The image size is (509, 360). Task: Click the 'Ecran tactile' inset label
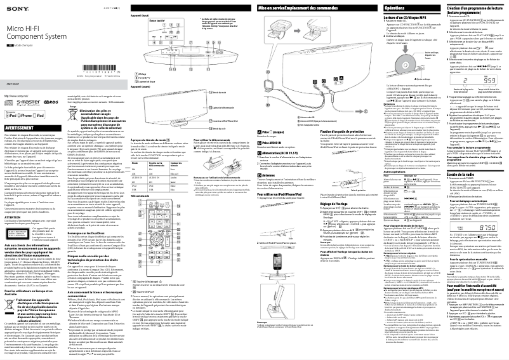coord(156,23)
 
